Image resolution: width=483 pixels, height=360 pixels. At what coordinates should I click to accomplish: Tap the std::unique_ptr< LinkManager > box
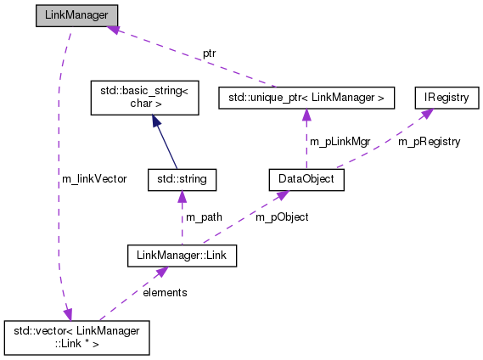coord(306,98)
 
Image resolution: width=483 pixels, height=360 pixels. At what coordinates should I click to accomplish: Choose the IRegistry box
coord(446,98)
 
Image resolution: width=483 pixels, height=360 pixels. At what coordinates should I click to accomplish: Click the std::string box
coord(182,179)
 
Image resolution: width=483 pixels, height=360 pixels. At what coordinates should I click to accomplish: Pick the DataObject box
coord(306,179)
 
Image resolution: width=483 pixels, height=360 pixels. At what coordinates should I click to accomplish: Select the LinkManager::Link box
coord(182,254)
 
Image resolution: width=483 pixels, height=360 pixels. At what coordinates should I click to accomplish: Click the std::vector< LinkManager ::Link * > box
coord(77,337)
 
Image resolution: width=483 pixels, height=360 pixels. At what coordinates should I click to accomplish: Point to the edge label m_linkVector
coord(94,179)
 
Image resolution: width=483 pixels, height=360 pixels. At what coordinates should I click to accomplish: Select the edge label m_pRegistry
coord(430,142)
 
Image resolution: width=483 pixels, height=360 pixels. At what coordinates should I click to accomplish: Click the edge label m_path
coord(204,217)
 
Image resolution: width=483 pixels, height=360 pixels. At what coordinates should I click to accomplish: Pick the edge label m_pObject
coord(282,217)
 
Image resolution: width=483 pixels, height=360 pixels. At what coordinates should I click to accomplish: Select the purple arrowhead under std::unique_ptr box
coord(306,115)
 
